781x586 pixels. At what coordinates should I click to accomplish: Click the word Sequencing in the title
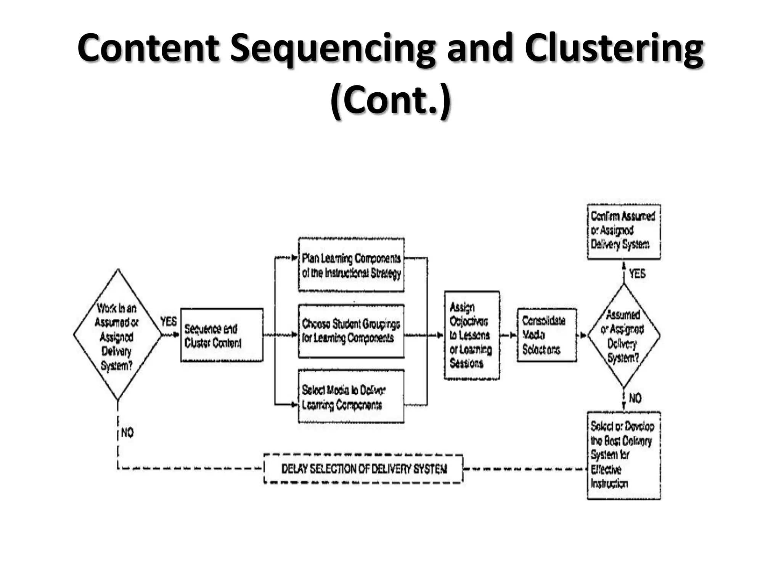point(332,49)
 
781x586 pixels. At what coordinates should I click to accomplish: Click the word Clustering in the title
point(614,49)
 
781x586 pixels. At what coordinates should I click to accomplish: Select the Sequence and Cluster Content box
point(222,335)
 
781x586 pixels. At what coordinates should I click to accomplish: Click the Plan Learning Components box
point(351,266)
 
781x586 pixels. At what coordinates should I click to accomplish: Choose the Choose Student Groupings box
point(351,331)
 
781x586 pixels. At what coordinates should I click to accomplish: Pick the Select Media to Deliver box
point(351,397)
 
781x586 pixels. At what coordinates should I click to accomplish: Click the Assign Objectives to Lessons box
point(472,335)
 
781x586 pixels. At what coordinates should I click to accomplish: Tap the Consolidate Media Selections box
point(546,335)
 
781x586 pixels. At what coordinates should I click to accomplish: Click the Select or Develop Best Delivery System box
point(624,455)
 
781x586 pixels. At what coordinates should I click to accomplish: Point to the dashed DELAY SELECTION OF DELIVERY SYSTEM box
point(363,469)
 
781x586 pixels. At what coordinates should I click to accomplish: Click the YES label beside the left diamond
point(168,322)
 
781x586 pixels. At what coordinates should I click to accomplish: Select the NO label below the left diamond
point(127,433)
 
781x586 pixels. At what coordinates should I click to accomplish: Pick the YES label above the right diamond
point(637,274)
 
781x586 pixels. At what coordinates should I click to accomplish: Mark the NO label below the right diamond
point(635,398)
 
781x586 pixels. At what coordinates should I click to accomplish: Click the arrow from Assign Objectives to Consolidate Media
point(508,335)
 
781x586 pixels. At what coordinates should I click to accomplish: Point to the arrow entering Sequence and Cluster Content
point(171,335)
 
